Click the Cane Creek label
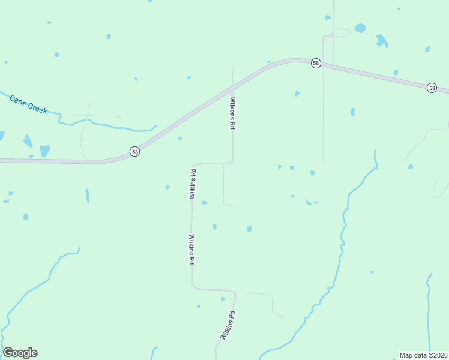click(28, 104)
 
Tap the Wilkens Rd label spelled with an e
click(232, 114)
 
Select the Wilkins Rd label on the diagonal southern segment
click(226, 326)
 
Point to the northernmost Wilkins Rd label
click(193, 184)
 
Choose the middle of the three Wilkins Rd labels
click(191, 250)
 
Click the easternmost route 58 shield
click(432, 88)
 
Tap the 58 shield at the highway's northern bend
click(315, 63)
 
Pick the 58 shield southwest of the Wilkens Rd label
click(134, 152)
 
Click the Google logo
click(20, 353)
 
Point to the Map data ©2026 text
click(423, 355)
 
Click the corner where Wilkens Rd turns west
click(232, 162)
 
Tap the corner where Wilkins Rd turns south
click(193, 164)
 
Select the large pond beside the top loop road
click(360, 28)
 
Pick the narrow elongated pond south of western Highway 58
click(87, 196)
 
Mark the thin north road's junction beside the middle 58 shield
click(323, 65)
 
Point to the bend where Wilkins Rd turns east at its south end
click(193, 289)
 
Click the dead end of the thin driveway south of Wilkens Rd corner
click(234, 206)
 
